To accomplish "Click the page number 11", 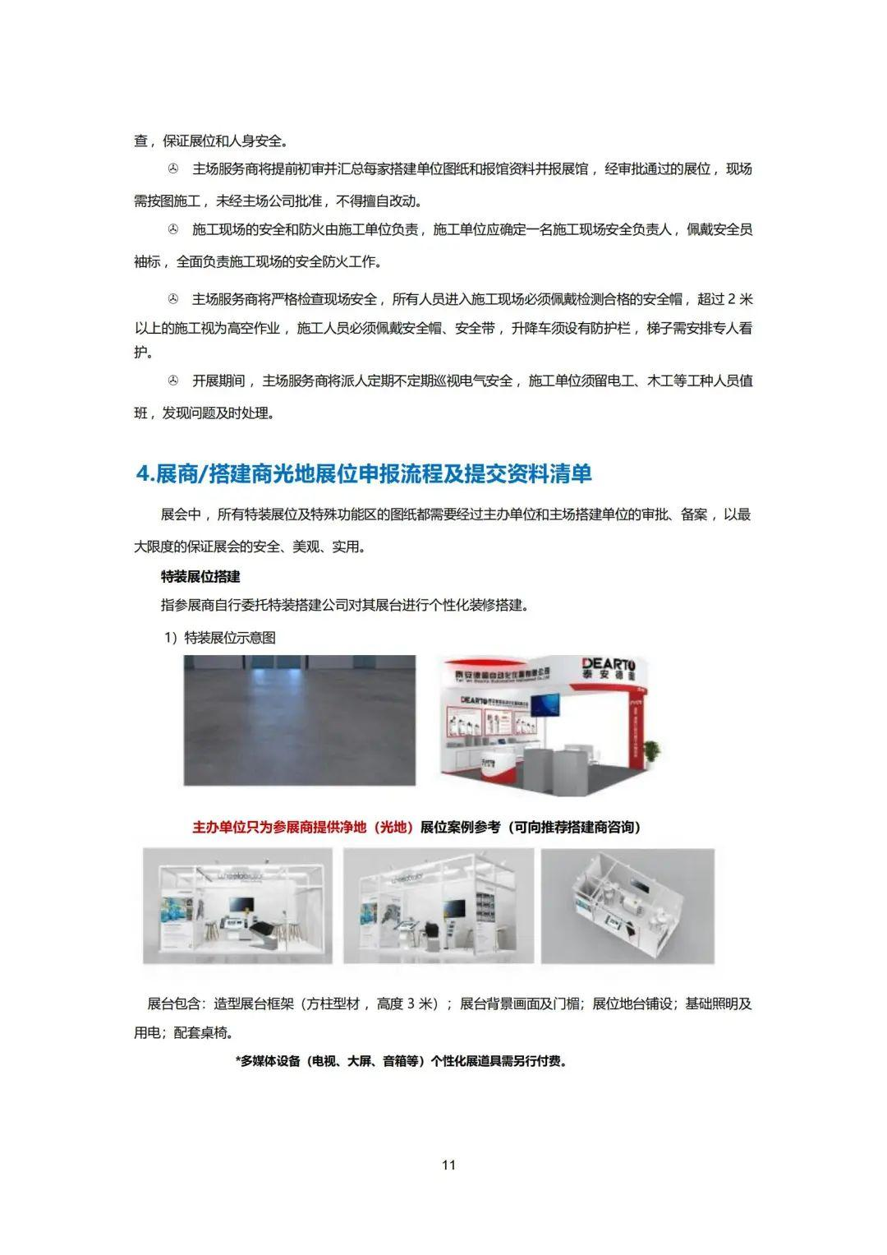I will click(448, 1165).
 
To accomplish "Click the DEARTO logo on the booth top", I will click(614, 664).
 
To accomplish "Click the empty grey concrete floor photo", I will click(300, 720).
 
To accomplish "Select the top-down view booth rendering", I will click(627, 905).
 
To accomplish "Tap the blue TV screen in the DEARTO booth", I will click(543, 704).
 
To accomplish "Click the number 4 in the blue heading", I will click(141, 474).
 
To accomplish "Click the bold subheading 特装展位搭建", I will click(200, 577).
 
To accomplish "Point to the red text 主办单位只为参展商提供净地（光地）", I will click(302, 827).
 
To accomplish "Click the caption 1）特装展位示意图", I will click(219, 638).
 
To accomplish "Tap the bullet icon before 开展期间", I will click(172, 381).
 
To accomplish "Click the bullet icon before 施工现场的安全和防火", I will click(172, 229).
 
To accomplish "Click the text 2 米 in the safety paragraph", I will click(739, 298).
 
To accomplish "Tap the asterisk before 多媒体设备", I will click(237, 1061).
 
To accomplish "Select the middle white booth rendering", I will click(439, 905).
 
